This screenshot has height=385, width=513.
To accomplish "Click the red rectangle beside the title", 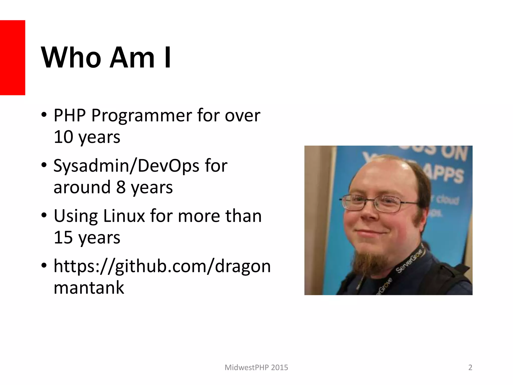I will coord(13,58).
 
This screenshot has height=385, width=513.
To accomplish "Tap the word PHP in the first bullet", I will coord(70,116).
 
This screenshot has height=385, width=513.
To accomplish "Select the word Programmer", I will coord(142,116).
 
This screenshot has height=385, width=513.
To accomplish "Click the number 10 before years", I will coord(63,137).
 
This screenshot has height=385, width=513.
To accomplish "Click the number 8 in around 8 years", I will coord(121,187).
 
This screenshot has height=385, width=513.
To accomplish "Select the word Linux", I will coord(124,216).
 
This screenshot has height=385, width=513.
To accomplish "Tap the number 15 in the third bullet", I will coord(63,237).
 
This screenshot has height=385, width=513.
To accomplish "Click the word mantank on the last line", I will coord(89,288).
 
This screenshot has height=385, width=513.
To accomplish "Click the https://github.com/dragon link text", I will coord(162,266).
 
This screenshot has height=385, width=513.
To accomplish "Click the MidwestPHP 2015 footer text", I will coord(256,367).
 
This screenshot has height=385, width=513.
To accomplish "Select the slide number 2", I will coord(470,367).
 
